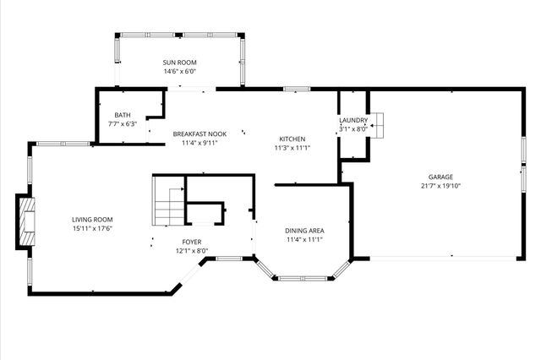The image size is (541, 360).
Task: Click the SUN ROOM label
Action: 180,63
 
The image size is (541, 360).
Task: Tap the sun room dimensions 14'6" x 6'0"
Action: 180,72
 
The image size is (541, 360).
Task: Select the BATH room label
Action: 123,115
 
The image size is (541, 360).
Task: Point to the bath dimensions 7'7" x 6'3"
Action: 123,124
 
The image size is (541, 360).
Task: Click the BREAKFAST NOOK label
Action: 199,134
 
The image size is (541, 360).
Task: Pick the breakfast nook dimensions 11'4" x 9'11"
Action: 199,144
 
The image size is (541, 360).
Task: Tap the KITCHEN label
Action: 292,139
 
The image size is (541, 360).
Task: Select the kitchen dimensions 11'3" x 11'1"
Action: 292,148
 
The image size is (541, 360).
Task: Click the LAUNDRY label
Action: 353,121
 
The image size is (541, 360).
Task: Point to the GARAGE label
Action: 440,177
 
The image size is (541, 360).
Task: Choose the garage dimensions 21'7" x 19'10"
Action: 440,186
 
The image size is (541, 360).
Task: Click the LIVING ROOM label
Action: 92,219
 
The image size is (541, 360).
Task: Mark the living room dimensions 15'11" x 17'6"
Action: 92,228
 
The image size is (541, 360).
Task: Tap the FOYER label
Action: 192,242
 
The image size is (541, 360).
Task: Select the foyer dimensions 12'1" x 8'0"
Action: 192,251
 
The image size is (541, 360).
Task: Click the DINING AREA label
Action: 304,230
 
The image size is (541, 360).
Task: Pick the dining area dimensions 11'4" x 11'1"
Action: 304,239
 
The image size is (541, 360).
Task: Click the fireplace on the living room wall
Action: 27,222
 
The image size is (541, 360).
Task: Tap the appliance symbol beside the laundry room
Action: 378,124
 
